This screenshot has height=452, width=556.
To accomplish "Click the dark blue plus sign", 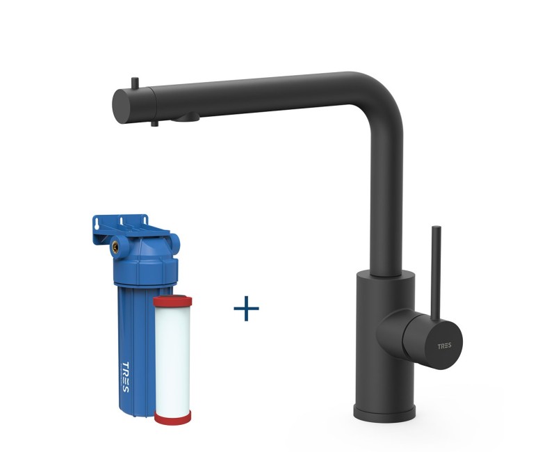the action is coord(246,308).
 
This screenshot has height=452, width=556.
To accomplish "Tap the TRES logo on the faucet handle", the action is coord(444,346).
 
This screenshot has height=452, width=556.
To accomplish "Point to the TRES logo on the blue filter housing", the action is coord(125,377).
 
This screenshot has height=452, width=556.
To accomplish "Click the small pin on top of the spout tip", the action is coord(135,83).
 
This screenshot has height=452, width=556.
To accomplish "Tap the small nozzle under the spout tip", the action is coord(154,123).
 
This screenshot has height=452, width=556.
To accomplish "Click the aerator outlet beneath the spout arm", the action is coord(186,118).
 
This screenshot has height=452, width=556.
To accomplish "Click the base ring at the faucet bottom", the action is coord(384,412).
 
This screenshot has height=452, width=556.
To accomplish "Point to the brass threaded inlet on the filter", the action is coord(115,247).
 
